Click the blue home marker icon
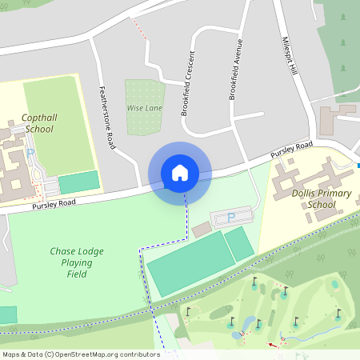(180, 173)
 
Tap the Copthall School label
(39, 122)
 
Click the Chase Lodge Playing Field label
(77, 262)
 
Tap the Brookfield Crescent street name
(188, 84)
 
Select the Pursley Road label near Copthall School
(54, 205)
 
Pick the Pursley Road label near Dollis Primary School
(291, 150)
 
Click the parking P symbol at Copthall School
(30, 153)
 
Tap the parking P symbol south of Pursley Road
(231, 217)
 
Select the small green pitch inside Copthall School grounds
(79, 182)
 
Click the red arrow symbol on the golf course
(274, 345)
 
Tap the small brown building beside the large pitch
(202, 230)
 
